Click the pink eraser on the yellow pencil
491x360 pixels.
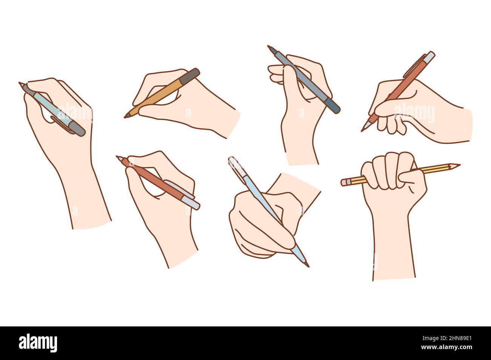tap(344, 182)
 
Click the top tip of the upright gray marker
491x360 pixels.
tap(269, 47)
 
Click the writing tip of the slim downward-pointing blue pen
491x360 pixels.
tap(307, 265)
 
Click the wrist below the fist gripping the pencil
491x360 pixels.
tap(393, 249)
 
